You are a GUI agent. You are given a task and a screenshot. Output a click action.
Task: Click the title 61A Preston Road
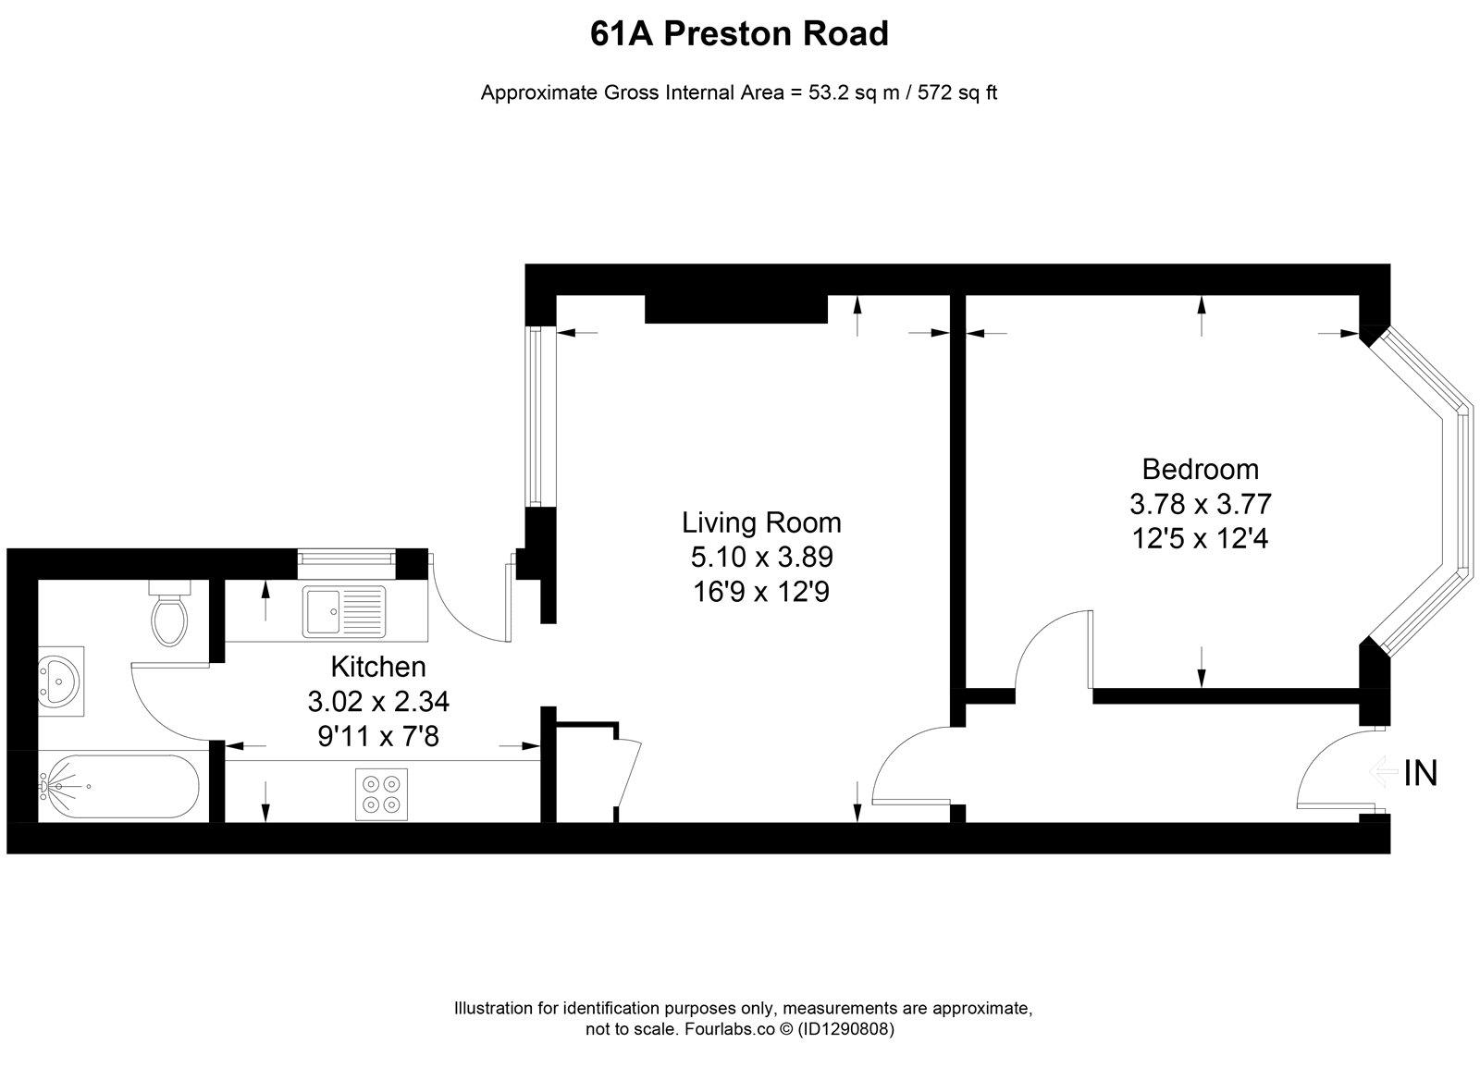coord(739,34)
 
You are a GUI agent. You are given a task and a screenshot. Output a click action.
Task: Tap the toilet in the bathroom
coord(170,613)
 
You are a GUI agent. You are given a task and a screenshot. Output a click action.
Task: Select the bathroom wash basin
coord(61,681)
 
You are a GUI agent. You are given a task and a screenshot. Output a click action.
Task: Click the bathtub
coord(118,787)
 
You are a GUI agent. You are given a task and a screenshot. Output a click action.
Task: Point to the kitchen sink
coord(344,611)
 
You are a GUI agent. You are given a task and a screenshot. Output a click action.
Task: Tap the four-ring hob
coord(381,794)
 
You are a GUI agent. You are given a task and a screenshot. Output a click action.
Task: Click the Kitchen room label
coord(378,667)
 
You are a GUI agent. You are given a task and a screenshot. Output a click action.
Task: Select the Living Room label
coord(762,523)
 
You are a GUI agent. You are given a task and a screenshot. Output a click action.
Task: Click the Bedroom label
coord(1201,470)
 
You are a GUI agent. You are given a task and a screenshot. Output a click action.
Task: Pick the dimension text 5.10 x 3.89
coord(762,558)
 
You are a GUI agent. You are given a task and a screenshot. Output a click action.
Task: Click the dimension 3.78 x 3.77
coord(1201,505)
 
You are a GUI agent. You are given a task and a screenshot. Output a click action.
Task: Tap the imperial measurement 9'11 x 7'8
coord(378,736)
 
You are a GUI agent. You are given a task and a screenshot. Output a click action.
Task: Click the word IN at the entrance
coord(1421,773)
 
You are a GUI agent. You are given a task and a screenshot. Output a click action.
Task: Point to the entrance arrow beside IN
coord(1384,772)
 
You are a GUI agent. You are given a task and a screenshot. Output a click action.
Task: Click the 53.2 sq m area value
coord(855,92)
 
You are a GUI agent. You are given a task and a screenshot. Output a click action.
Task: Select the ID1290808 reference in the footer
coord(845,1030)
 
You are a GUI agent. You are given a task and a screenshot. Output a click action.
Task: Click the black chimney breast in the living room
coord(736,309)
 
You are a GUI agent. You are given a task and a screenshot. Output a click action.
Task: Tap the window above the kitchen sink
coord(346,558)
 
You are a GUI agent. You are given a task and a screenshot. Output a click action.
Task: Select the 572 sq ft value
coord(957,92)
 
